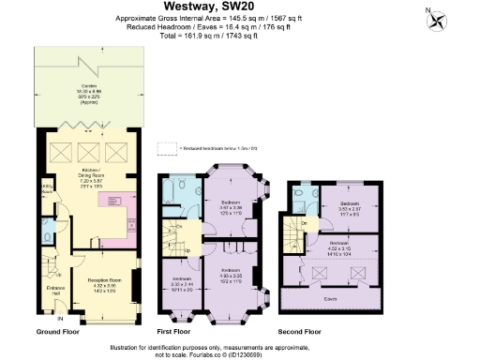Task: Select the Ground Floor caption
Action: (x=59, y=332)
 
